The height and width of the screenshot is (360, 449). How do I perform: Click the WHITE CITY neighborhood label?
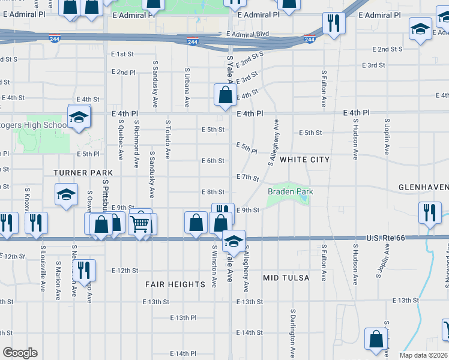(304, 160)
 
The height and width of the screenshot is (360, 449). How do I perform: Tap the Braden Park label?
(291, 191)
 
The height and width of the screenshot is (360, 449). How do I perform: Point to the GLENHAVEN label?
(423, 187)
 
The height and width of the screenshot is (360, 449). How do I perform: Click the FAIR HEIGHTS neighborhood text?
(175, 284)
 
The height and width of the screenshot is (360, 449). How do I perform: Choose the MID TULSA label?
(286, 278)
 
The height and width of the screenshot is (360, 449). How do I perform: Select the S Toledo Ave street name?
(167, 139)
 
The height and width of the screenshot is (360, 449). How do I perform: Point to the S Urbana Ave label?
(187, 87)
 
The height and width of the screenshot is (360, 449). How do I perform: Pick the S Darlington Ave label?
(293, 334)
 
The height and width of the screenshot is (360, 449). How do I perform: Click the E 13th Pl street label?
(183, 317)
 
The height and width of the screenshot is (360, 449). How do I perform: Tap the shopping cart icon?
(140, 224)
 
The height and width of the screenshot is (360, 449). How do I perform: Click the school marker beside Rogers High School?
(78, 119)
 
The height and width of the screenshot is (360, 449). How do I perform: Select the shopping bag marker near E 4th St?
(225, 95)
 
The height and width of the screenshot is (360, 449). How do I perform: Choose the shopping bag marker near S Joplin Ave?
(376, 339)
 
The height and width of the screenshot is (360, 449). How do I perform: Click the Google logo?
(20, 353)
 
